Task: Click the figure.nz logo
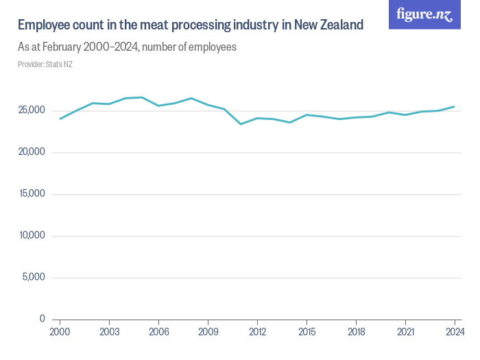(424, 14)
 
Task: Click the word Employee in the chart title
(44, 25)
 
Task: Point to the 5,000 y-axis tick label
(33, 277)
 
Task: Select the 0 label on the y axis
(43, 319)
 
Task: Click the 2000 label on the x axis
(60, 332)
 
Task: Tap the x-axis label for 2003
(109, 332)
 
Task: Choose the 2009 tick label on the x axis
(208, 332)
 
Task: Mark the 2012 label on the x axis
(257, 332)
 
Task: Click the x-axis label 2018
(356, 332)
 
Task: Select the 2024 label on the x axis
(455, 332)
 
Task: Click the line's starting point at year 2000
(60, 119)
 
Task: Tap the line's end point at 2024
(455, 106)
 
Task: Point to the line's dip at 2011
(241, 123)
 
